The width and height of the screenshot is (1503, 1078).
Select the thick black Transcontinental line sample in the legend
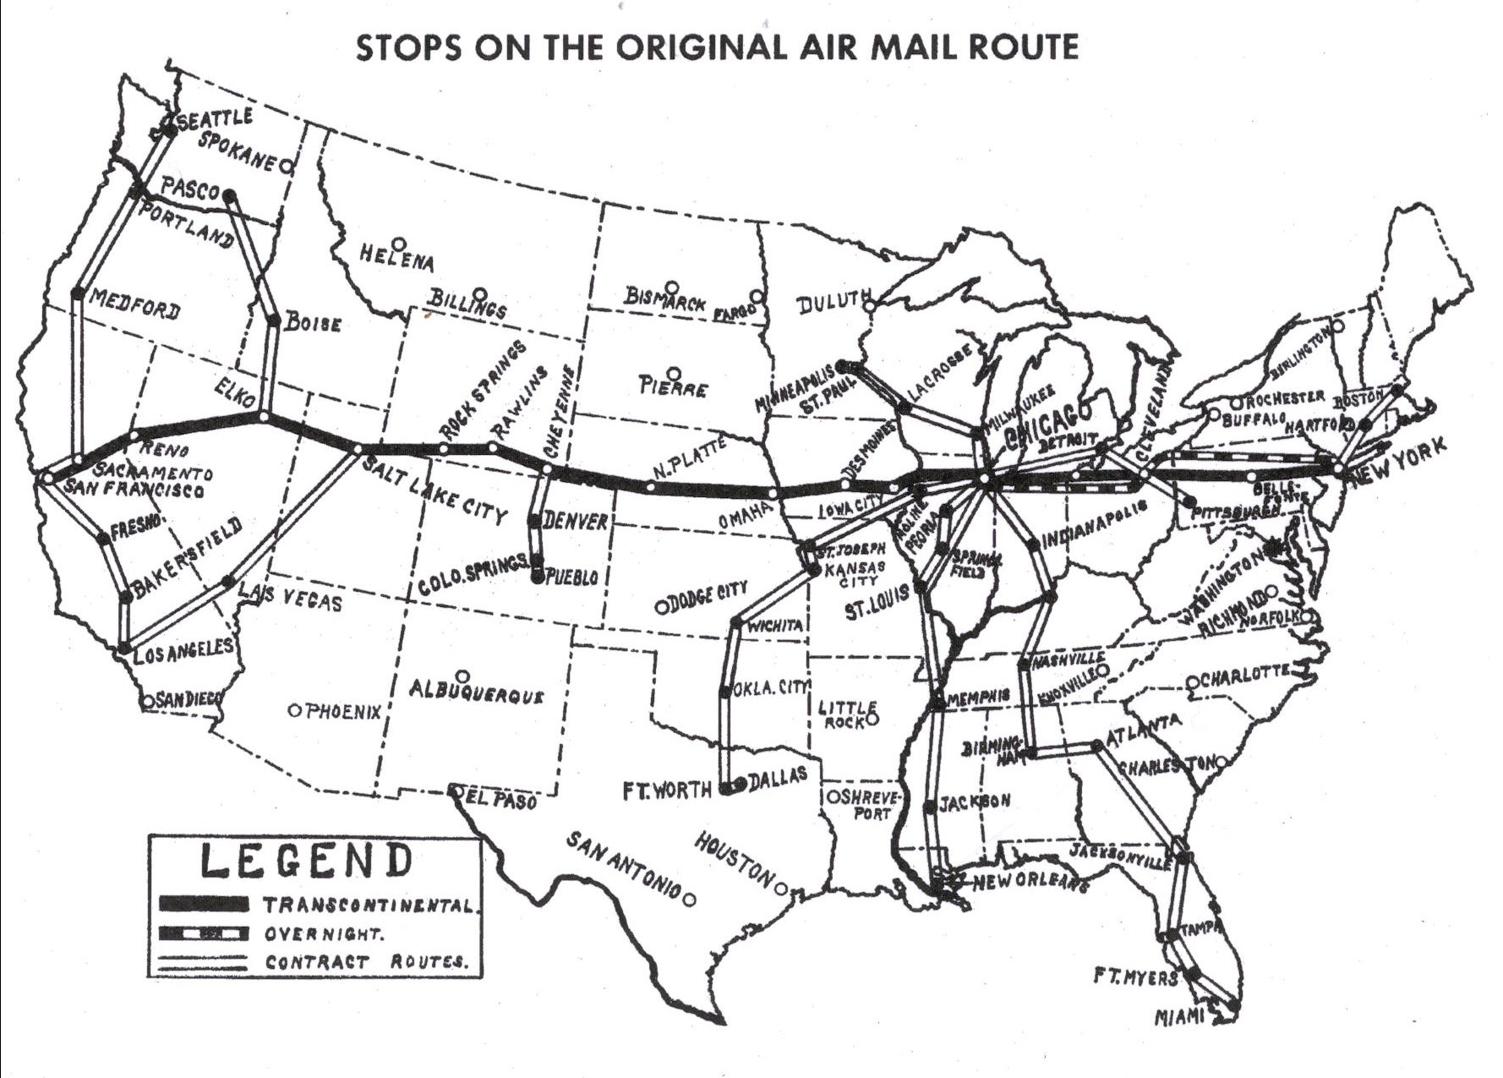tap(204, 905)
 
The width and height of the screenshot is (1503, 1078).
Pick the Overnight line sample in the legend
tap(204, 934)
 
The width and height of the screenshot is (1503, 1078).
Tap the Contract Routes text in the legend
tap(365, 962)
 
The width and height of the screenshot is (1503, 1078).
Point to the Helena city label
tap(396, 257)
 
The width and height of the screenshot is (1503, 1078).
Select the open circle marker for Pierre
tap(674, 373)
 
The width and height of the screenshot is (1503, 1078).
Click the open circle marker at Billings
tap(480, 294)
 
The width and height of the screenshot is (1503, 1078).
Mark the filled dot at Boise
tap(274, 320)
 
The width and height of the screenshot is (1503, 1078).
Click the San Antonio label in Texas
tap(623, 866)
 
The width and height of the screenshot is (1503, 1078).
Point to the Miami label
tap(1180, 1017)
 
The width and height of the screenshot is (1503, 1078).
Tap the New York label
tap(1402, 461)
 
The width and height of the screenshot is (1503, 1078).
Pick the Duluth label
tap(834, 301)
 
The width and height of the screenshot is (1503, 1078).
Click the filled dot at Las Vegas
tap(229, 582)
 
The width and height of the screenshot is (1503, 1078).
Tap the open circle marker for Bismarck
tap(672, 287)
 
